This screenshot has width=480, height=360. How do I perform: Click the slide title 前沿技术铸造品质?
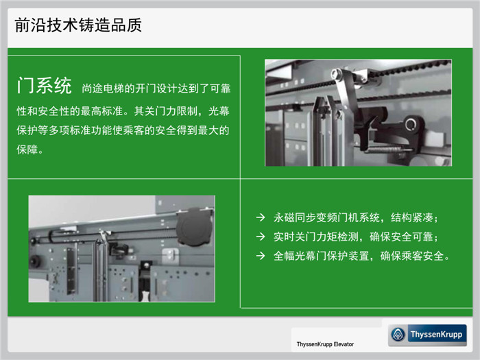(78, 25)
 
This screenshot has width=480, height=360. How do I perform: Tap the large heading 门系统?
(45, 85)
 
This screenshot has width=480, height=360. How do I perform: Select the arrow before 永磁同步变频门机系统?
(261, 217)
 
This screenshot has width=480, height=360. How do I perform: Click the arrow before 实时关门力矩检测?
(261, 237)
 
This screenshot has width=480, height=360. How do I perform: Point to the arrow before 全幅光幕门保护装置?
(261, 256)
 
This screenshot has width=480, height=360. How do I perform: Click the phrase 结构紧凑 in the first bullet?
(411, 217)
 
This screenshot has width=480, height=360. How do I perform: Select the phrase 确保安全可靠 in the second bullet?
(401, 237)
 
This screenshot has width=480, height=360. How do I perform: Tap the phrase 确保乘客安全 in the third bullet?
(412, 256)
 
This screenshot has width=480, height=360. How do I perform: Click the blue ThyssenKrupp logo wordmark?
(437, 335)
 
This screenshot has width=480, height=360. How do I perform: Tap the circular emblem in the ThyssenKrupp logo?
(398, 335)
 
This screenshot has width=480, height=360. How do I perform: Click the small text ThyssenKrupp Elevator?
(325, 344)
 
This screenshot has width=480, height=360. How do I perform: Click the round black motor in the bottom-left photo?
(193, 226)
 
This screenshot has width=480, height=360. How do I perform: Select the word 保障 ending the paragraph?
(27, 149)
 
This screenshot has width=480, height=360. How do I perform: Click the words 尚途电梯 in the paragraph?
(103, 88)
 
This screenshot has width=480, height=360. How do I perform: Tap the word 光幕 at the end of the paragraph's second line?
(219, 111)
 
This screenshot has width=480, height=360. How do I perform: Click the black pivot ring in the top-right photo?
(411, 125)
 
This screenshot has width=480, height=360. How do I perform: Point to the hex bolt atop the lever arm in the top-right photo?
(336, 73)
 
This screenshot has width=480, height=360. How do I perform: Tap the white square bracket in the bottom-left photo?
(170, 254)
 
